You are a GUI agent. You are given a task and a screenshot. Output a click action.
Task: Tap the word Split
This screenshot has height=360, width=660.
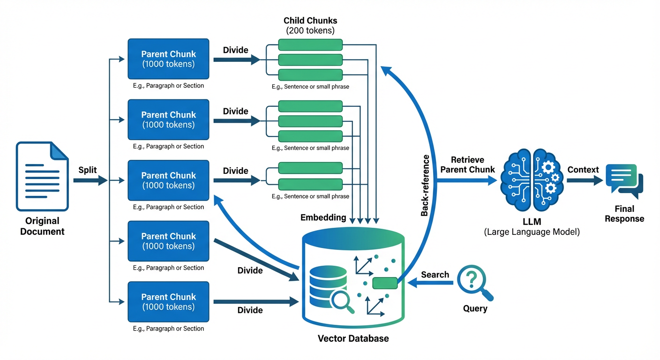tap(88, 170)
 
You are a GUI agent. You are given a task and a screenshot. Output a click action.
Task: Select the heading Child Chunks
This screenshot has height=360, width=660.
tap(310, 21)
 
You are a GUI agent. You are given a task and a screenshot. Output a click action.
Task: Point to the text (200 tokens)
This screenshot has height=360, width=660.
tap(310, 30)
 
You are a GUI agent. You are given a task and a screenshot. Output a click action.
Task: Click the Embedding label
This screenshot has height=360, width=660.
tap(323, 217)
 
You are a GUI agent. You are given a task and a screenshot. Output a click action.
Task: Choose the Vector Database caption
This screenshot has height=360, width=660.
tap(353, 338)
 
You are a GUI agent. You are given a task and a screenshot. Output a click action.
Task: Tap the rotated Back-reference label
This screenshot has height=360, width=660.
tap(425, 185)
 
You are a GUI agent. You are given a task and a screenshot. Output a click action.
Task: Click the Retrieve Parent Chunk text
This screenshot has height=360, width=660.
tap(467, 165)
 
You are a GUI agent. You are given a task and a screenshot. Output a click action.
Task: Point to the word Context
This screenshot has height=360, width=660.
tap(583, 169)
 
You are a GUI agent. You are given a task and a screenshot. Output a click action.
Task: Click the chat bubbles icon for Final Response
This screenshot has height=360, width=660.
tap(624, 182)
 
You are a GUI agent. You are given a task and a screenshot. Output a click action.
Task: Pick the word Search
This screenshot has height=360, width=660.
tap(435, 275)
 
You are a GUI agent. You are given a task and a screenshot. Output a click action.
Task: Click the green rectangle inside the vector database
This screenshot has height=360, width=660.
tap(385, 283)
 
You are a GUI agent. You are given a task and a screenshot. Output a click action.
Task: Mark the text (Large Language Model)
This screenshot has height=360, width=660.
tap(532, 232)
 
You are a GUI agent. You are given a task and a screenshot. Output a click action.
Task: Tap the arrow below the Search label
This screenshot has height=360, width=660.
tap(429, 283)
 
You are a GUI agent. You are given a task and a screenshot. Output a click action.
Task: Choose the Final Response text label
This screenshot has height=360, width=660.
tap(624, 214)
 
